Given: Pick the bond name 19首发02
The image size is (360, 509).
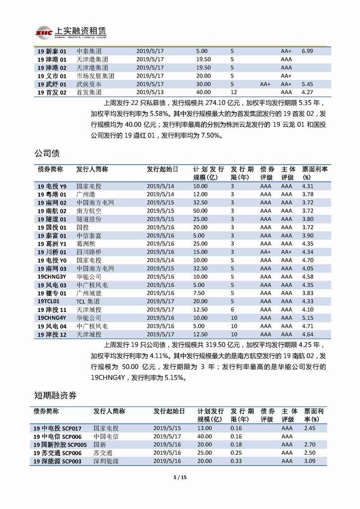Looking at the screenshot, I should coord(52,92).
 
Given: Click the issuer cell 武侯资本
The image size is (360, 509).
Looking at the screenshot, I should coord(90,84).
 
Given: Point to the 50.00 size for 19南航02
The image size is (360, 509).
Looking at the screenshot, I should coord(200,211).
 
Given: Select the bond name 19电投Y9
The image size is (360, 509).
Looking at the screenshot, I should coord(52,186).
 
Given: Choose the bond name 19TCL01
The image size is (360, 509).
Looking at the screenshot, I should coord(48,302).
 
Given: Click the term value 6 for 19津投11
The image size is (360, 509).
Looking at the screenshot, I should coord(232,309).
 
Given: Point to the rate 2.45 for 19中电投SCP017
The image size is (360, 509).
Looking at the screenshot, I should coord(310,428).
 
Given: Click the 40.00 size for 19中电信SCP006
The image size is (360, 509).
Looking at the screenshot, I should coord(205,436).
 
